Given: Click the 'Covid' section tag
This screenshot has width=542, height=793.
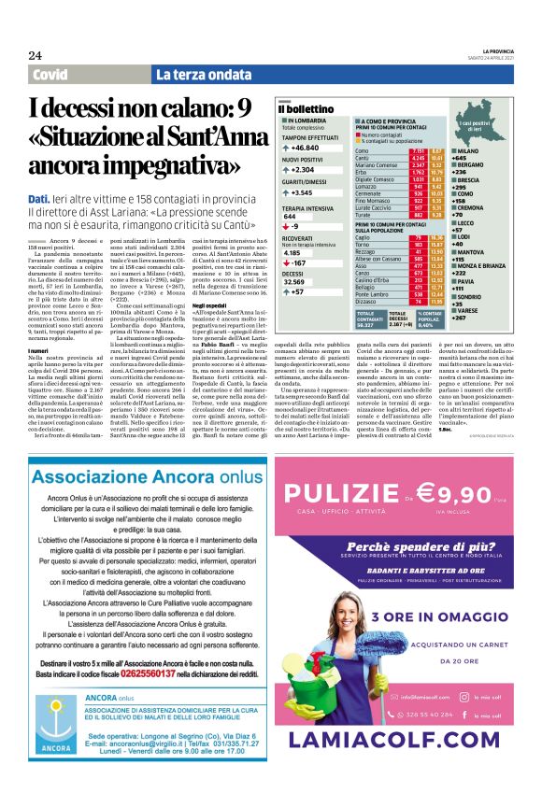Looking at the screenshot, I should (x=50, y=74).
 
